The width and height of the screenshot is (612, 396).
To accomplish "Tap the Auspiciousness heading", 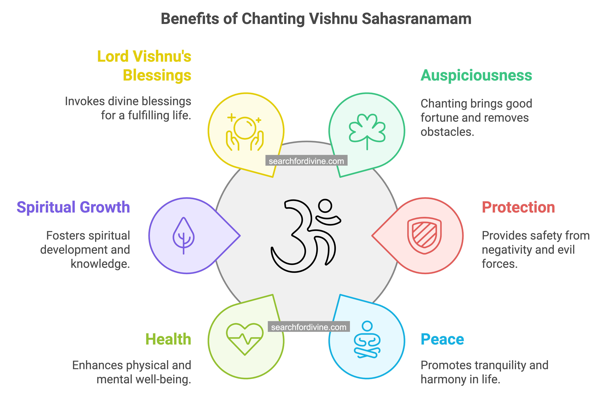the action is (x=476, y=76).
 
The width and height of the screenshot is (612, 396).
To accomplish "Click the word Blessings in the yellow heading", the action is (x=157, y=75).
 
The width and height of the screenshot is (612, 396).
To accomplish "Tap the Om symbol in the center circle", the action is (x=306, y=235).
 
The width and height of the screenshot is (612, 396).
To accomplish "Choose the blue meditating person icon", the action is (x=367, y=339).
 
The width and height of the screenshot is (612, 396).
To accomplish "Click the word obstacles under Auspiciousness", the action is (x=447, y=132).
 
